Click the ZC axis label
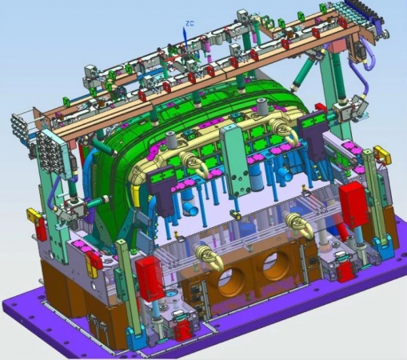[x=190, y=23]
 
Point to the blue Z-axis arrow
[x=185, y=38]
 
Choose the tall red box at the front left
[x=150, y=278]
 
